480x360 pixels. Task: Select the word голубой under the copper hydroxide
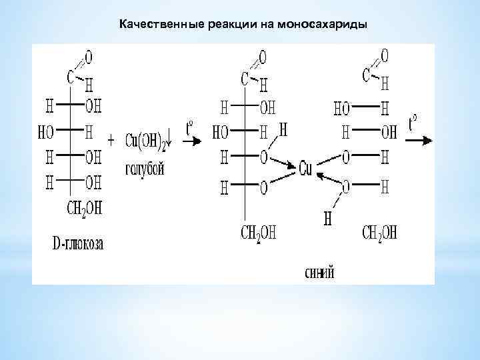tap(144, 169)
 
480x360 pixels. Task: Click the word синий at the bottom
tap(318, 272)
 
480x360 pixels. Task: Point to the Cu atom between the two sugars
tap(305, 169)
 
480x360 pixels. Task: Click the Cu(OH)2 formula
tap(146, 141)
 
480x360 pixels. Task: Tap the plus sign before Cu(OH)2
tap(111, 141)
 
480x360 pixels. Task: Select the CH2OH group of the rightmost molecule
tap(379, 232)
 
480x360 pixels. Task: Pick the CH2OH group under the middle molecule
tap(258, 232)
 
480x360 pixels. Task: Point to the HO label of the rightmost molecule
tap(342, 107)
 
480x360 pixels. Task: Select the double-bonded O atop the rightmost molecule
tap(384, 53)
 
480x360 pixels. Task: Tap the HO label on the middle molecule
tap(220, 132)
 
